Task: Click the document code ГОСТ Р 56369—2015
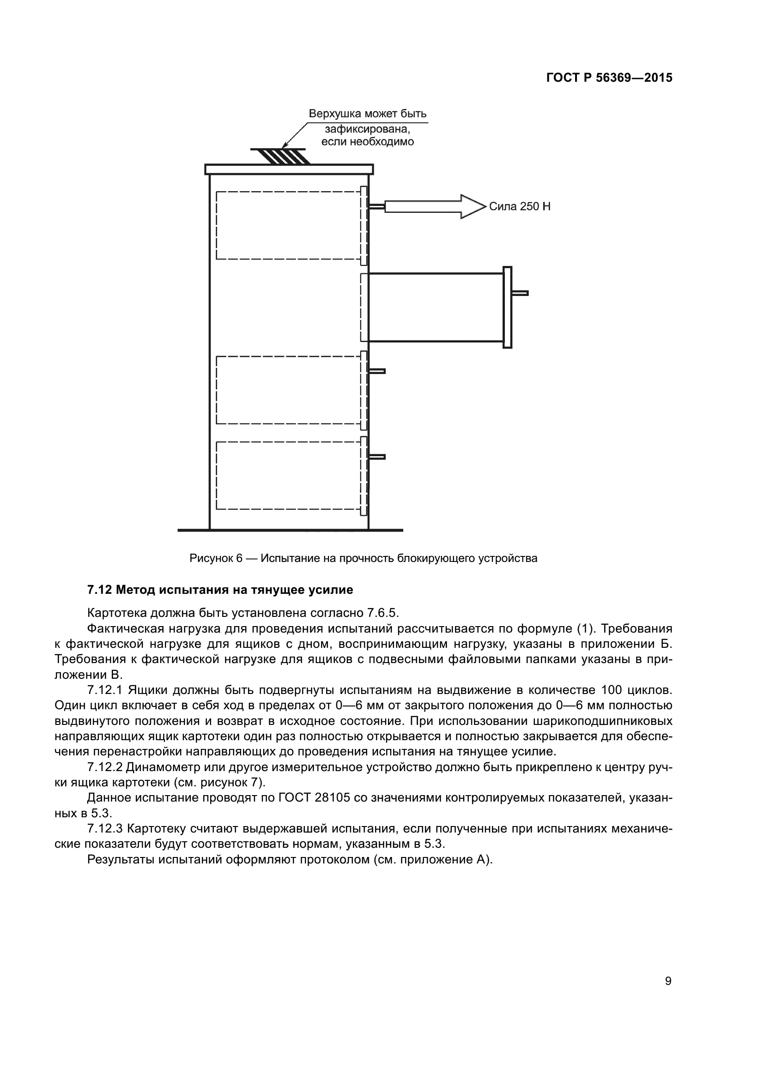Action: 609,78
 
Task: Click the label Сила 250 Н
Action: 519,206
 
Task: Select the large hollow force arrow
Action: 433,206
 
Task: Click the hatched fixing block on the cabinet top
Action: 281,156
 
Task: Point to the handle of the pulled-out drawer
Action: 519,293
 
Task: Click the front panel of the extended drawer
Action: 507,307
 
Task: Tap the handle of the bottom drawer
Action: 377,457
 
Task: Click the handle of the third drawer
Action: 377,371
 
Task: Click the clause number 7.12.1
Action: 105,690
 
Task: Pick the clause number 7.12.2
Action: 105,767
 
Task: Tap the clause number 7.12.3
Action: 105,828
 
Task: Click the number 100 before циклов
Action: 611,690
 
